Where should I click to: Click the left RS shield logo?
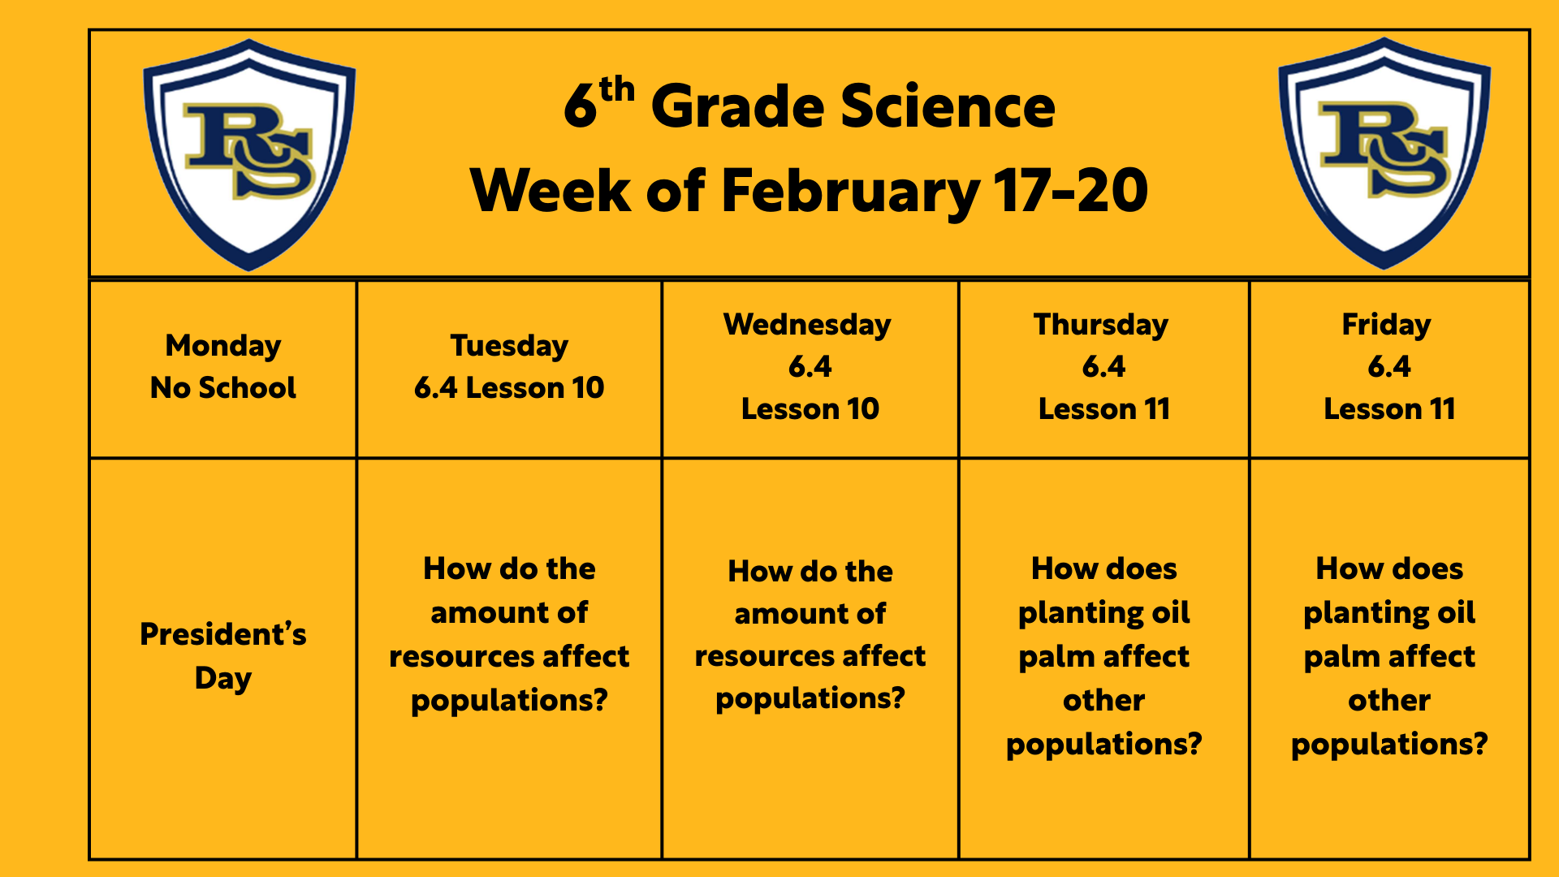tap(249, 155)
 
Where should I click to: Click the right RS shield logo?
tap(1384, 153)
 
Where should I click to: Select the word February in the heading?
tap(850, 192)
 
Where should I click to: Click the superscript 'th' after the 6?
tap(616, 89)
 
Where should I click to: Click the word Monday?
tap(223, 347)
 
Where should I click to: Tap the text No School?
tap(223, 388)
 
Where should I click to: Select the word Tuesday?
tap(509, 347)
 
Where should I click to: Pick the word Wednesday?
tap(807, 325)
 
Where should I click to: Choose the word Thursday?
tap(1101, 325)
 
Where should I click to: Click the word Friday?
tap(1386, 325)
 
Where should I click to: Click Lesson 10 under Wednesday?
tap(810, 409)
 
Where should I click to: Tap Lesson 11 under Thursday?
tap(1104, 409)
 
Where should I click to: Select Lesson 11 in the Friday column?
tap(1389, 409)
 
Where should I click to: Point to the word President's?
tap(223, 634)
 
